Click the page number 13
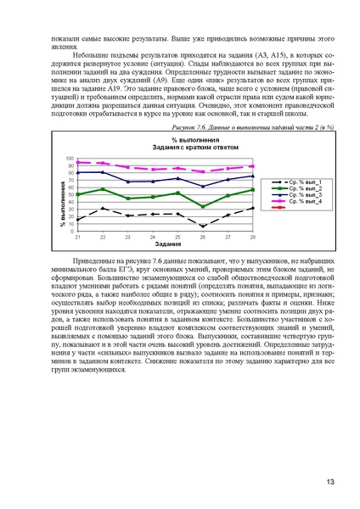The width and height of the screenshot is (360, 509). (x=329, y=482)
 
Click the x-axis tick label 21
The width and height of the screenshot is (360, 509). (x=77, y=237)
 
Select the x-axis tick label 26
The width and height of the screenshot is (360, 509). (x=203, y=237)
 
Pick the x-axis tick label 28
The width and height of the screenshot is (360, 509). (x=253, y=237)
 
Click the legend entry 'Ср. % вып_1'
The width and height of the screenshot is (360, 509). (x=299, y=182)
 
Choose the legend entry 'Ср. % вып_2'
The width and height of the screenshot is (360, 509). (x=299, y=191)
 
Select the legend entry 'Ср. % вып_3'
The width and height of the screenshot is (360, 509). (x=299, y=199)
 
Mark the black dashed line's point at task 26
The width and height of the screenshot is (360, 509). (x=203, y=227)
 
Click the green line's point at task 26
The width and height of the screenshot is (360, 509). (x=203, y=206)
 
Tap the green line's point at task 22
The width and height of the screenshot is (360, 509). (x=103, y=189)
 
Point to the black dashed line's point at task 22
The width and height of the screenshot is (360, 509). (x=103, y=208)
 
